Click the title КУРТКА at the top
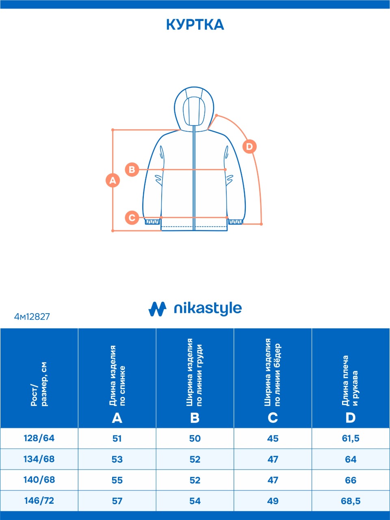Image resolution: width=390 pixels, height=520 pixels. (x=195, y=25)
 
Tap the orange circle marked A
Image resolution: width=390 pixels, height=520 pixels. (x=113, y=180)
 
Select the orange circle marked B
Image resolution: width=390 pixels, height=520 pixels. (x=132, y=170)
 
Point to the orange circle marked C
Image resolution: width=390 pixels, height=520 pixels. (x=132, y=217)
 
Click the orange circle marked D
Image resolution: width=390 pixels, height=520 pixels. (x=249, y=147)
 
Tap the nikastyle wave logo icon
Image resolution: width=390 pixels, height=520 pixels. (x=157, y=309)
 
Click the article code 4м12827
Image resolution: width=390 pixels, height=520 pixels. (x=32, y=317)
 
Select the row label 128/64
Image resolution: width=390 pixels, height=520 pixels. (x=39, y=438)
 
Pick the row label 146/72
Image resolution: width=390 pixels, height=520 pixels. (x=39, y=500)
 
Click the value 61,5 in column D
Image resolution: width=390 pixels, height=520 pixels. (x=351, y=438)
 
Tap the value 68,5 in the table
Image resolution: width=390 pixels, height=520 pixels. (x=351, y=501)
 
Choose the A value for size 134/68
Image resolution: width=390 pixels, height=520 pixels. (x=117, y=459)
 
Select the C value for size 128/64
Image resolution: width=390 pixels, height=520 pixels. (x=273, y=438)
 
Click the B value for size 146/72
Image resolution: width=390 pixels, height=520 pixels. (x=195, y=501)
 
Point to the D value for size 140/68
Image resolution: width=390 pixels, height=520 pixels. (x=351, y=480)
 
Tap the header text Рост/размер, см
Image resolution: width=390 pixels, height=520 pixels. (x=39, y=384)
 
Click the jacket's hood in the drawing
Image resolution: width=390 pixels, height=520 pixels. (x=194, y=109)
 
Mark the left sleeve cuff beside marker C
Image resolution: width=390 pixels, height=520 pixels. (x=152, y=222)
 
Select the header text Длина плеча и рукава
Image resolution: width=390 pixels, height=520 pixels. (x=350, y=381)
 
